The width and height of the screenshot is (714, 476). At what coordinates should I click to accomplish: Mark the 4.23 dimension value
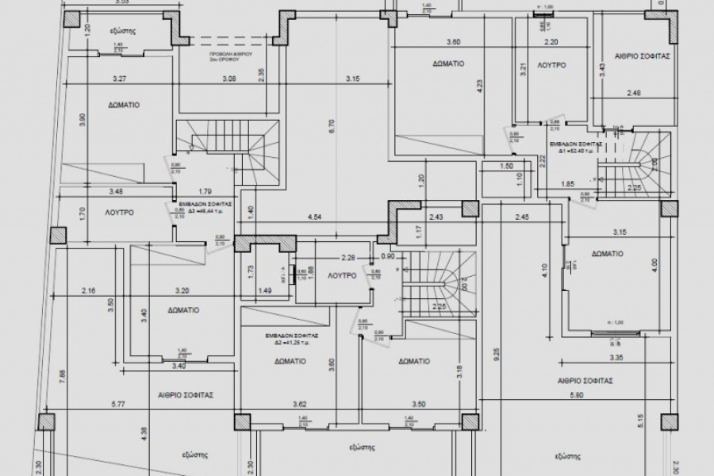(479, 87)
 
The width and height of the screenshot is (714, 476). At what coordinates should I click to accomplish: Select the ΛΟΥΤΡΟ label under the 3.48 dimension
(117, 213)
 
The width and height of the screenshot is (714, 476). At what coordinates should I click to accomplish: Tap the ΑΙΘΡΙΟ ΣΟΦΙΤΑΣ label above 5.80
(588, 381)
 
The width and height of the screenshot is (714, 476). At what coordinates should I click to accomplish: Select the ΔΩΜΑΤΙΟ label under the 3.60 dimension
(448, 63)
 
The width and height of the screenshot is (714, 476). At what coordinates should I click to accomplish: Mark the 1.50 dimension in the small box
(508, 167)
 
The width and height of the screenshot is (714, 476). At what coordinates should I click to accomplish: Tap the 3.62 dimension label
(300, 404)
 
